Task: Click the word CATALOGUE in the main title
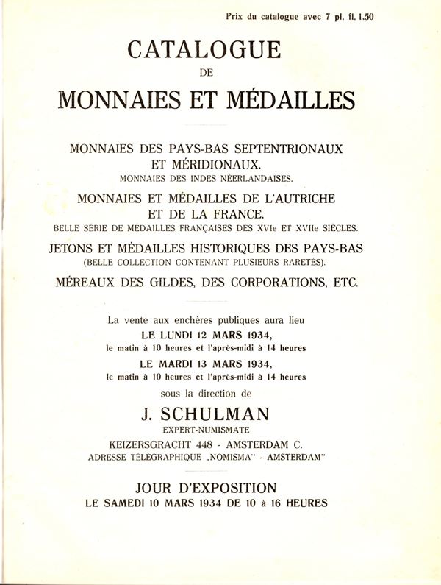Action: pos(204,51)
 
